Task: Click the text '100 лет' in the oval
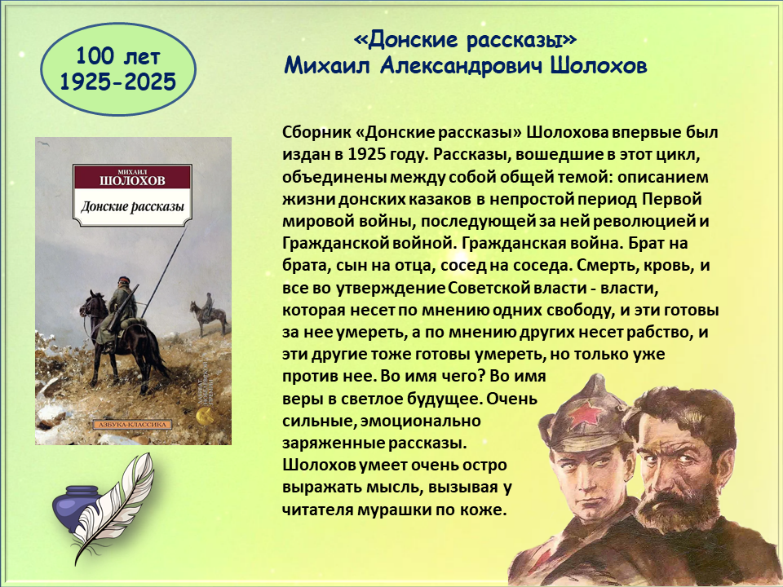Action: [x=117, y=56]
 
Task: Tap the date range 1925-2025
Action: [x=117, y=82]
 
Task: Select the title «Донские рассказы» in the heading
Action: [x=465, y=41]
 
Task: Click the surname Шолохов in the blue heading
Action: [x=599, y=65]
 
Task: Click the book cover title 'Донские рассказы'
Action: [x=132, y=206]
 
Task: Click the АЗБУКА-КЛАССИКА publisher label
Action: [x=132, y=425]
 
